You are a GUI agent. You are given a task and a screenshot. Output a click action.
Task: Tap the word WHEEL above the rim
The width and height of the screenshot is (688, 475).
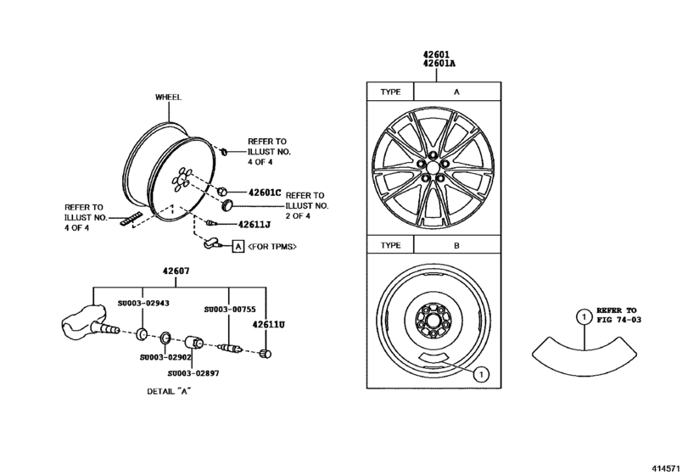click(x=168, y=97)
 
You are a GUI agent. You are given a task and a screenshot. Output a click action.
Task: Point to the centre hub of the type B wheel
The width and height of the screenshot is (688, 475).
click(x=433, y=322)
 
